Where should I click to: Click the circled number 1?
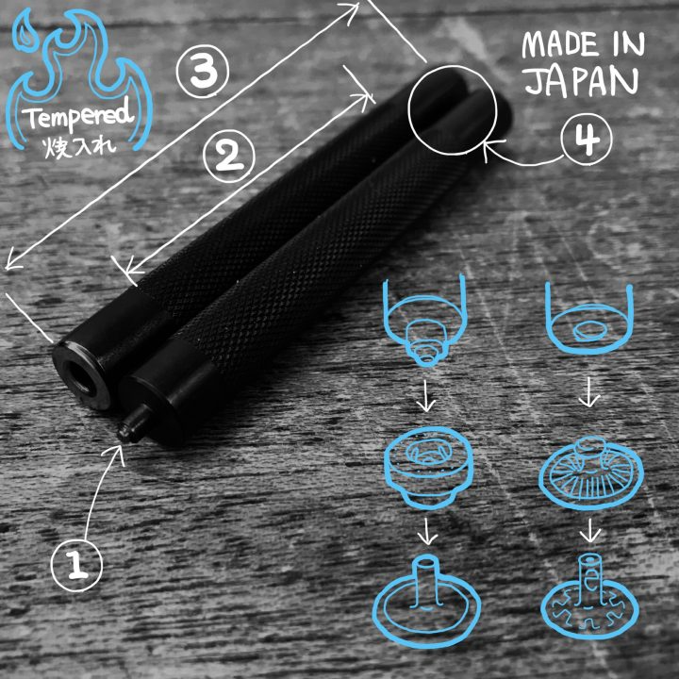tap(76, 565)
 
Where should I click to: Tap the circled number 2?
tap(228, 156)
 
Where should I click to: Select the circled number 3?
tap(203, 72)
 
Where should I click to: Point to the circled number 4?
tap(587, 139)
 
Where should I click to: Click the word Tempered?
tap(78, 116)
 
